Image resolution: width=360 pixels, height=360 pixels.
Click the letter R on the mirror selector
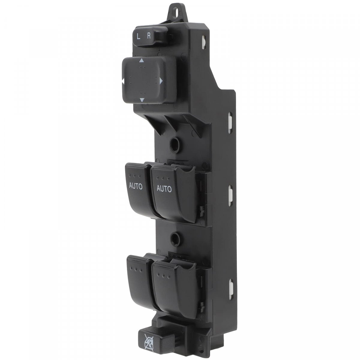tap(149, 36)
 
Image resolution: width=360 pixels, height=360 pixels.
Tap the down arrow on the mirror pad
tap(142, 100)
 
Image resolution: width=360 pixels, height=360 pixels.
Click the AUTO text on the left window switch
tap(136, 186)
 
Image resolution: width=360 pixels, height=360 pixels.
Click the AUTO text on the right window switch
tap(164, 189)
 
